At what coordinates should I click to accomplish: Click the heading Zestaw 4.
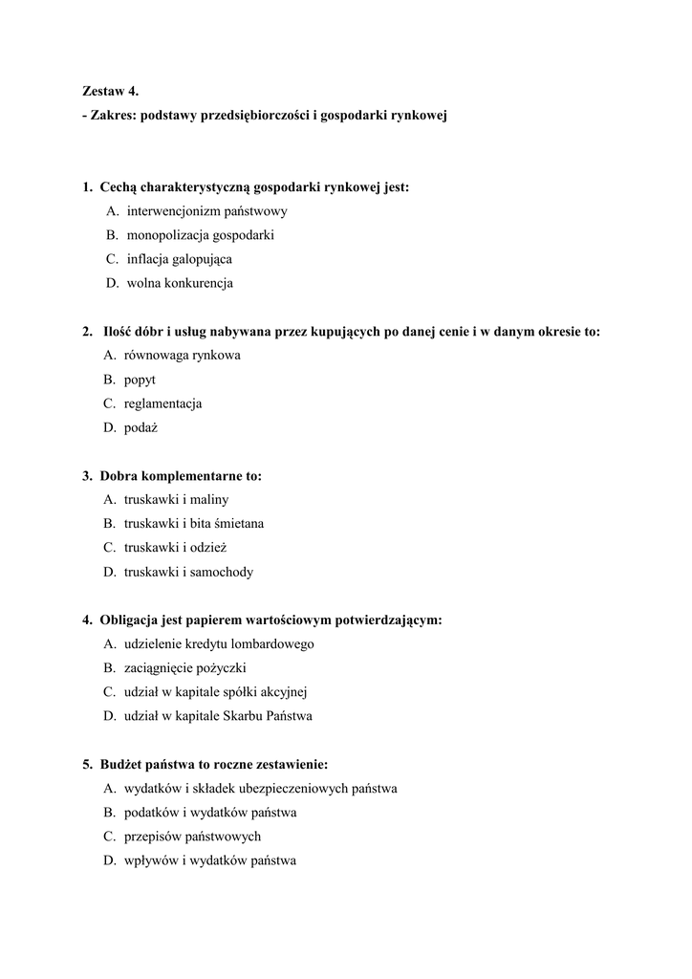click(110, 92)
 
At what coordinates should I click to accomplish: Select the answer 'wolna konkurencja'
click(180, 283)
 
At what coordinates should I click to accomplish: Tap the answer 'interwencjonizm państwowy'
click(206, 211)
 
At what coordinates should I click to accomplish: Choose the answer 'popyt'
click(140, 380)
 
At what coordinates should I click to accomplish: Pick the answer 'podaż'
click(141, 427)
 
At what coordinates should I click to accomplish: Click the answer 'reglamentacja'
click(162, 403)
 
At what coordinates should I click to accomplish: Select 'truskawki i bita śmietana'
click(194, 524)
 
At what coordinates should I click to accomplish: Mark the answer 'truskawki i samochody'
click(188, 572)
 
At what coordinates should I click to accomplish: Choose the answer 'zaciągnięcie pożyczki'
click(184, 668)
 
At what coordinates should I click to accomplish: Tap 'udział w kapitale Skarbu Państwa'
click(218, 716)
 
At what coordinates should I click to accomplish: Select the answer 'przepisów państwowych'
click(192, 837)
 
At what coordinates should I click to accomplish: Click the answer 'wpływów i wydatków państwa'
click(210, 860)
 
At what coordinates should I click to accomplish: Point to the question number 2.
click(87, 332)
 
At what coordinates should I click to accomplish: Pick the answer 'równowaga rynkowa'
click(182, 356)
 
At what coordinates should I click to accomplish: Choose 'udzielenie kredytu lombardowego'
click(219, 644)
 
